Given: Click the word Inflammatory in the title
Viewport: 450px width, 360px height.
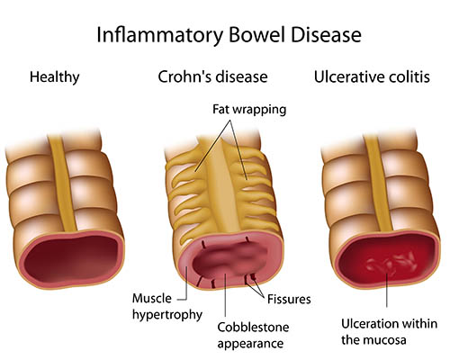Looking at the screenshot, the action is click(x=160, y=36).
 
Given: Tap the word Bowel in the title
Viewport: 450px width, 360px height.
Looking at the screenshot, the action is click(x=256, y=34).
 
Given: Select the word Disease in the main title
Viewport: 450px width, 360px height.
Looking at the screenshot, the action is click(x=326, y=34).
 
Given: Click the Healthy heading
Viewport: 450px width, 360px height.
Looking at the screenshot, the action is click(x=55, y=77).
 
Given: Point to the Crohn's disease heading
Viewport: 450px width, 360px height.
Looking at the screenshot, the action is click(x=212, y=76).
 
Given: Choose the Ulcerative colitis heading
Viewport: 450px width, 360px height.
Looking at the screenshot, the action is click(x=372, y=76).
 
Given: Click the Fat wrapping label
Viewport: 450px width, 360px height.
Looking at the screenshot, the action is click(x=249, y=111).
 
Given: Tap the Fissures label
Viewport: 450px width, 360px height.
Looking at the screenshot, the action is click(x=289, y=299).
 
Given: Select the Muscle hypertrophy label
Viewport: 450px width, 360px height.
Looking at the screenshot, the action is click(x=167, y=307).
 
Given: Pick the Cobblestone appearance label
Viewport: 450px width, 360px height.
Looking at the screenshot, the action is click(x=253, y=335).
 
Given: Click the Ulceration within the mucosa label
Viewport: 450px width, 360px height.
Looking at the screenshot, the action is click(x=389, y=332).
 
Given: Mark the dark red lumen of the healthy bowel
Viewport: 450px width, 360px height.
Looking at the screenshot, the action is click(x=73, y=258).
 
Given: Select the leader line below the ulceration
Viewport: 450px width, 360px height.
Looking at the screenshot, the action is click(x=386, y=290).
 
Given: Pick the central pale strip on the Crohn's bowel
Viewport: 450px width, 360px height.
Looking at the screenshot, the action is click(x=222, y=187).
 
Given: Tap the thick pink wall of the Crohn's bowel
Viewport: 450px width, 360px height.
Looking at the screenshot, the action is click(x=184, y=264).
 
